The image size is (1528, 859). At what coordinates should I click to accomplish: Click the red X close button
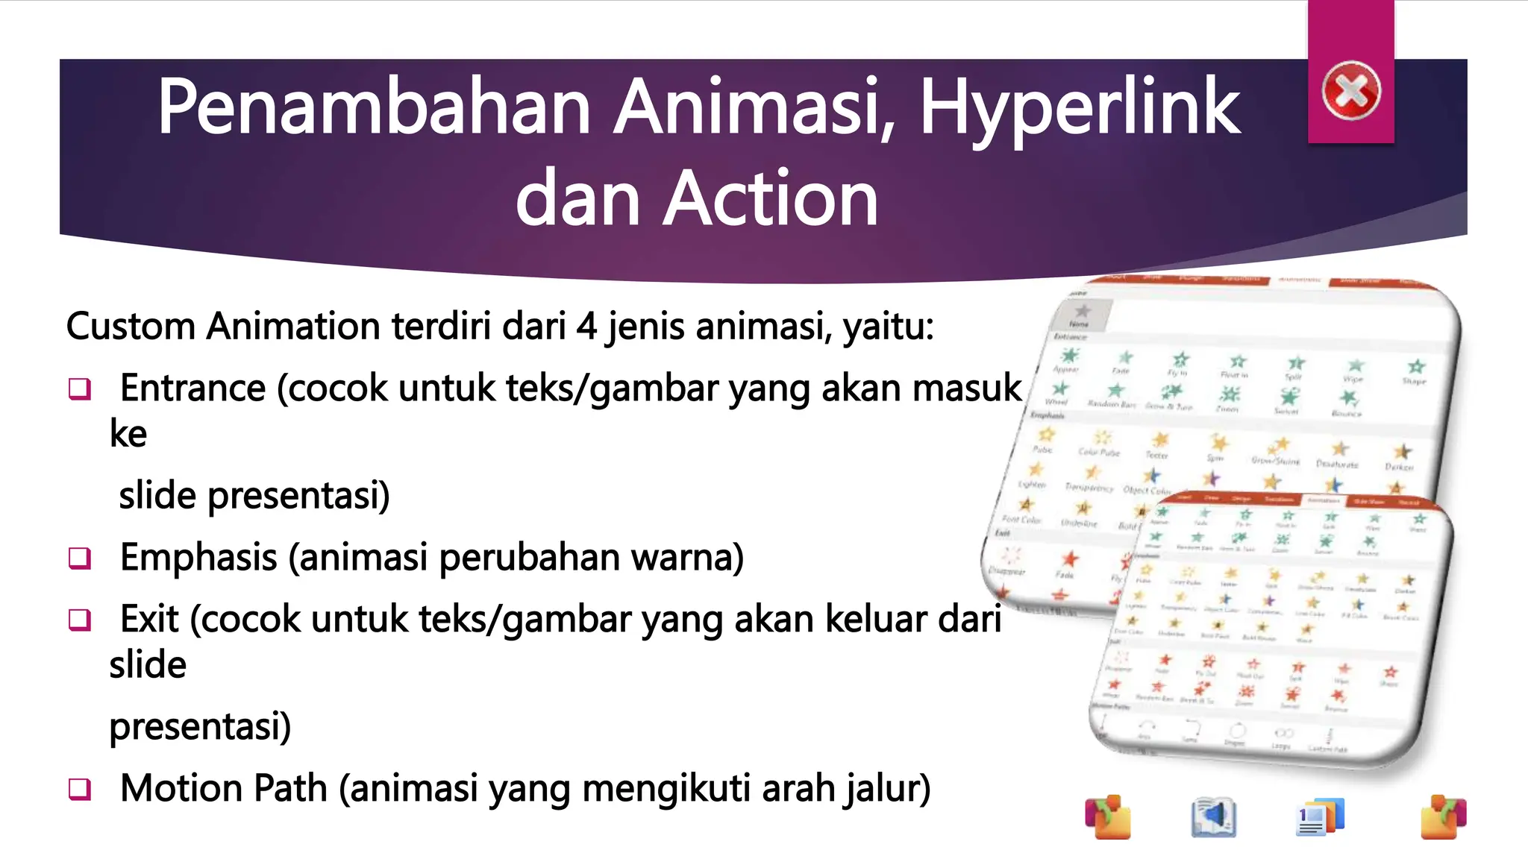tap(1350, 92)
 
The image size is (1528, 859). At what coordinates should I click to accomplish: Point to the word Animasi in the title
tap(754, 108)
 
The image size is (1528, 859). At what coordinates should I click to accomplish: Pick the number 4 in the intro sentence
tap(586, 327)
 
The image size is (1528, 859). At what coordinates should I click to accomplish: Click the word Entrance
tap(192, 388)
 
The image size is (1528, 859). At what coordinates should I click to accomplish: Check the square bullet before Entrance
tap(80, 388)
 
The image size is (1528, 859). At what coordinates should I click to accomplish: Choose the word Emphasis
tap(198, 558)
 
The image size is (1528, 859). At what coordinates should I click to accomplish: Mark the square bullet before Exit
tap(80, 620)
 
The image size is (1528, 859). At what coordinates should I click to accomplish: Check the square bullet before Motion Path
tap(80, 789)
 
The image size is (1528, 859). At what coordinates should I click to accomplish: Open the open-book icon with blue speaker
tap(1213, 817)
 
